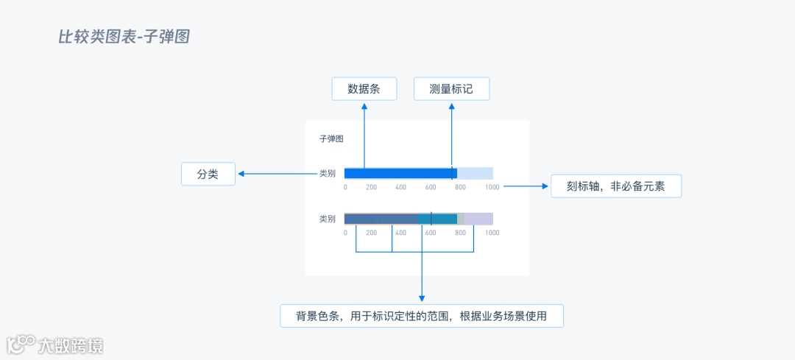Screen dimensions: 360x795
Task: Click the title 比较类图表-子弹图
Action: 124,36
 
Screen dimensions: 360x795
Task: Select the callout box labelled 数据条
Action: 364,89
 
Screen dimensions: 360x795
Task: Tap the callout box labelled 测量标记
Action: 451,89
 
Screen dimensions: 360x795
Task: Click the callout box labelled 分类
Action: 208,174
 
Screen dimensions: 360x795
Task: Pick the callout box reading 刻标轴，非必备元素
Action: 616,186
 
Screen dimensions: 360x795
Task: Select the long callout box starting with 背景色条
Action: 422,316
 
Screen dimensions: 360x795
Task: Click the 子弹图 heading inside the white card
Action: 331,138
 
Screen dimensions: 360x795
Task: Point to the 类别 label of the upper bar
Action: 328,174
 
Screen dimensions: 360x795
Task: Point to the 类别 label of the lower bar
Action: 328,219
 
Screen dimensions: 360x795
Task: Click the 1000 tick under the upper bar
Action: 492,188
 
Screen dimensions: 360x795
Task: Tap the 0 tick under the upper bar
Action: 345,188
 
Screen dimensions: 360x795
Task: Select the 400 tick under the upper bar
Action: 400,188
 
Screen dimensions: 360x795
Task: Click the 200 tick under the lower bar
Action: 372,233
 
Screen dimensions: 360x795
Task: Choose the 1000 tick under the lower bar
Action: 492,233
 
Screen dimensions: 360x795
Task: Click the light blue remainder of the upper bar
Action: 476,174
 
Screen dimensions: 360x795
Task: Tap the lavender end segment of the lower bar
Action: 479,219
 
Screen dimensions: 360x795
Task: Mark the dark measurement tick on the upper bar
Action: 452,174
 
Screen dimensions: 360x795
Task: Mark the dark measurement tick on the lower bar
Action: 431,219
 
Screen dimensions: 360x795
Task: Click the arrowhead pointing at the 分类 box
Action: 240,174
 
